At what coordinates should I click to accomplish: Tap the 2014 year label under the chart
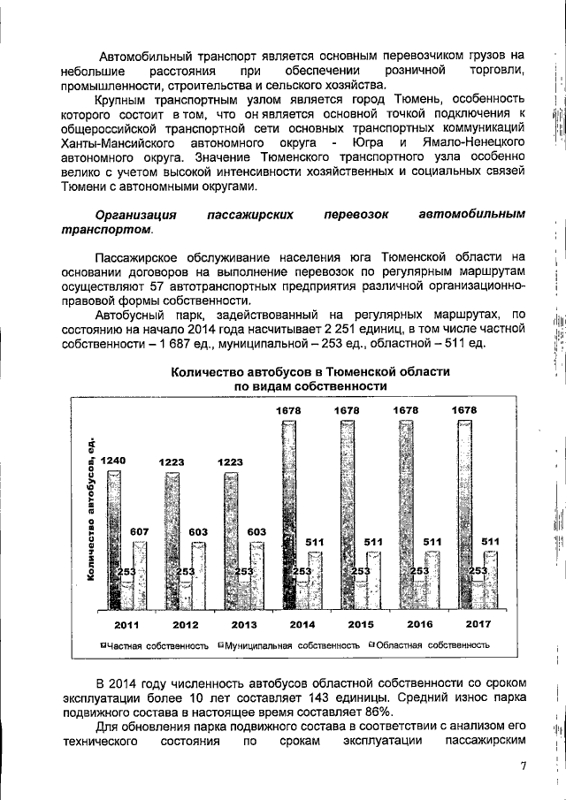pyautogui.click(x=302, y=624)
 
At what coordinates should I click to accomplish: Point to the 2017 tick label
pyautogui.click(x=478, y=624)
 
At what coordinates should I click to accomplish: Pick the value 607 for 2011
pyautogui.click(x=140, y=531)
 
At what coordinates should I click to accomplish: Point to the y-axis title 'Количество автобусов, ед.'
pyautogui.click(x=91, y=511)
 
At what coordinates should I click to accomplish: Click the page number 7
pyautogui.click(x=523, y=766)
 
